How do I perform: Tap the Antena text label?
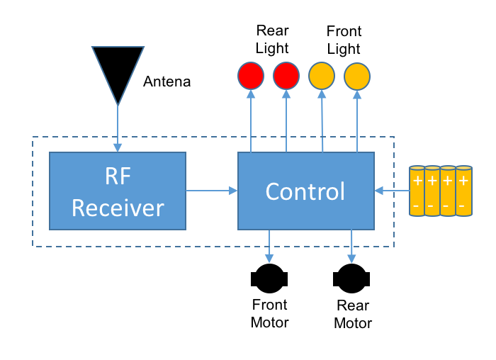click(x=167, y=81)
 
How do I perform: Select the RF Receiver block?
click(x=117, y=191)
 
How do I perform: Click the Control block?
click(x=305, y=191)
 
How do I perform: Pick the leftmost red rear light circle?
click(x=251, y=75)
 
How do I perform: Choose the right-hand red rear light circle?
click(x=286, y=75)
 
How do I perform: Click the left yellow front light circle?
click(x=322, y=75)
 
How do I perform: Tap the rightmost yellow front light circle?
click(x=357, y=75)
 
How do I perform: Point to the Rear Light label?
click(x=272, y=40)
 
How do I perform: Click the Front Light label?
click(x=344, y=40)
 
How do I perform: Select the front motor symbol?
click(x=269, y=279)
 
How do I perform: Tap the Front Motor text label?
click(x=270, y=314)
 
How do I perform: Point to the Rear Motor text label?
click(x=353, y=315)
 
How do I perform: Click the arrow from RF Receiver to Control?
click(x=211, y=190)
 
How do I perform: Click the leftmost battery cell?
click(x=418, y=191)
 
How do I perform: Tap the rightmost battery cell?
click(x=463, y=191)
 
